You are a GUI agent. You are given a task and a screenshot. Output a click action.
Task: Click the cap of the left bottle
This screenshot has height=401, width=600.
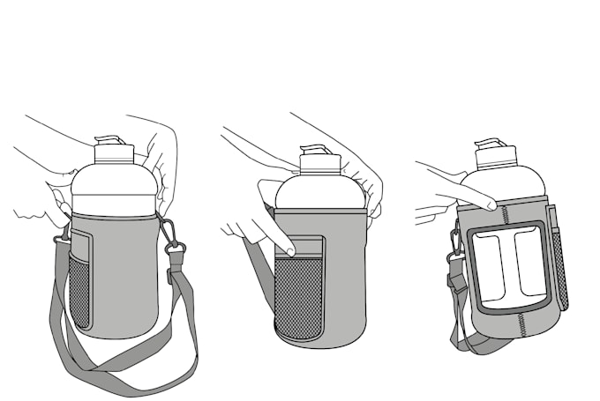(x=113, y=152)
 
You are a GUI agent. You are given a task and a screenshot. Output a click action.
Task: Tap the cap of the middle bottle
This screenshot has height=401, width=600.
(x=319, y=160)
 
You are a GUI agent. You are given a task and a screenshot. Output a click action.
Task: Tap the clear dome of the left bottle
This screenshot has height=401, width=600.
(x=113, y=189)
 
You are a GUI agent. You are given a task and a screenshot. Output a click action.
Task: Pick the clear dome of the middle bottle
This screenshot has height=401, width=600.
(x=319, y=191)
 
